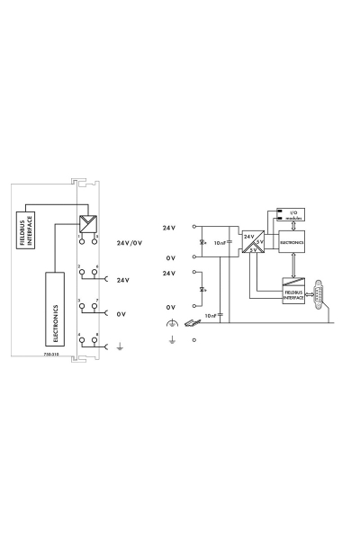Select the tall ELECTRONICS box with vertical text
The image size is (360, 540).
tap(55, 305)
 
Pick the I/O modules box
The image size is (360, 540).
tap(294, 216)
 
